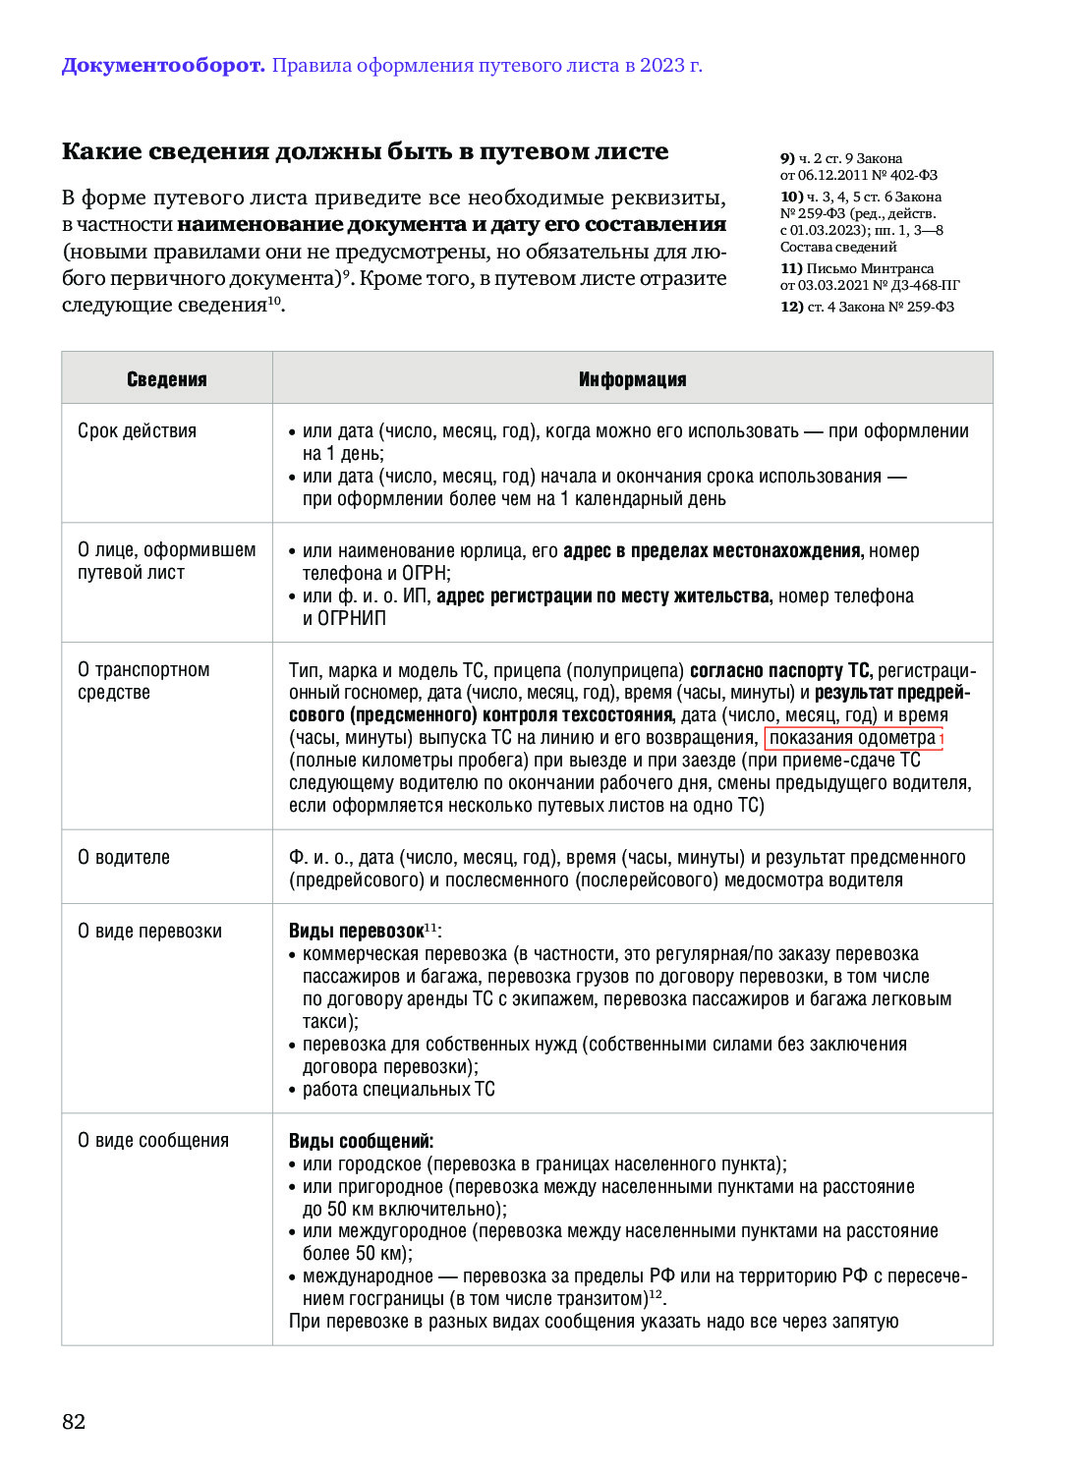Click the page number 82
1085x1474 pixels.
coord(74,1421)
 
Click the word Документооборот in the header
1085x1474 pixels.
coord(163,66)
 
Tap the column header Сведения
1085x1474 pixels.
coord(167,379)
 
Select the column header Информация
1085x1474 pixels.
coord(632,379)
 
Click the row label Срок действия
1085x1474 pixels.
coord(137,430)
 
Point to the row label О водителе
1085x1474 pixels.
coord(124,857)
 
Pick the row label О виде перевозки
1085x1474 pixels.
coord(149,931)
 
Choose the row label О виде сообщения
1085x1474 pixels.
coord(153,1140)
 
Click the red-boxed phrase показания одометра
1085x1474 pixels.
coord(851,738)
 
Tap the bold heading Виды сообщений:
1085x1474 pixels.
coord(361,1141)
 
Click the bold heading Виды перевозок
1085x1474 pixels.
coord(356,931)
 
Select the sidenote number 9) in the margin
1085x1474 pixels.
coord(787,158)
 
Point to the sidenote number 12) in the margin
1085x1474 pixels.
coord(792,307)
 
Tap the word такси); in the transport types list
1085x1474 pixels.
coord(330,1021)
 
